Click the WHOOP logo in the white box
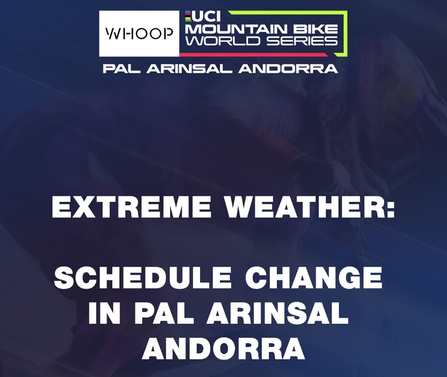point(140,34)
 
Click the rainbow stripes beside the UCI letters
point(188,16)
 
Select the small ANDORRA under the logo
point(288,68)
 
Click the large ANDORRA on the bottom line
point(223,348)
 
